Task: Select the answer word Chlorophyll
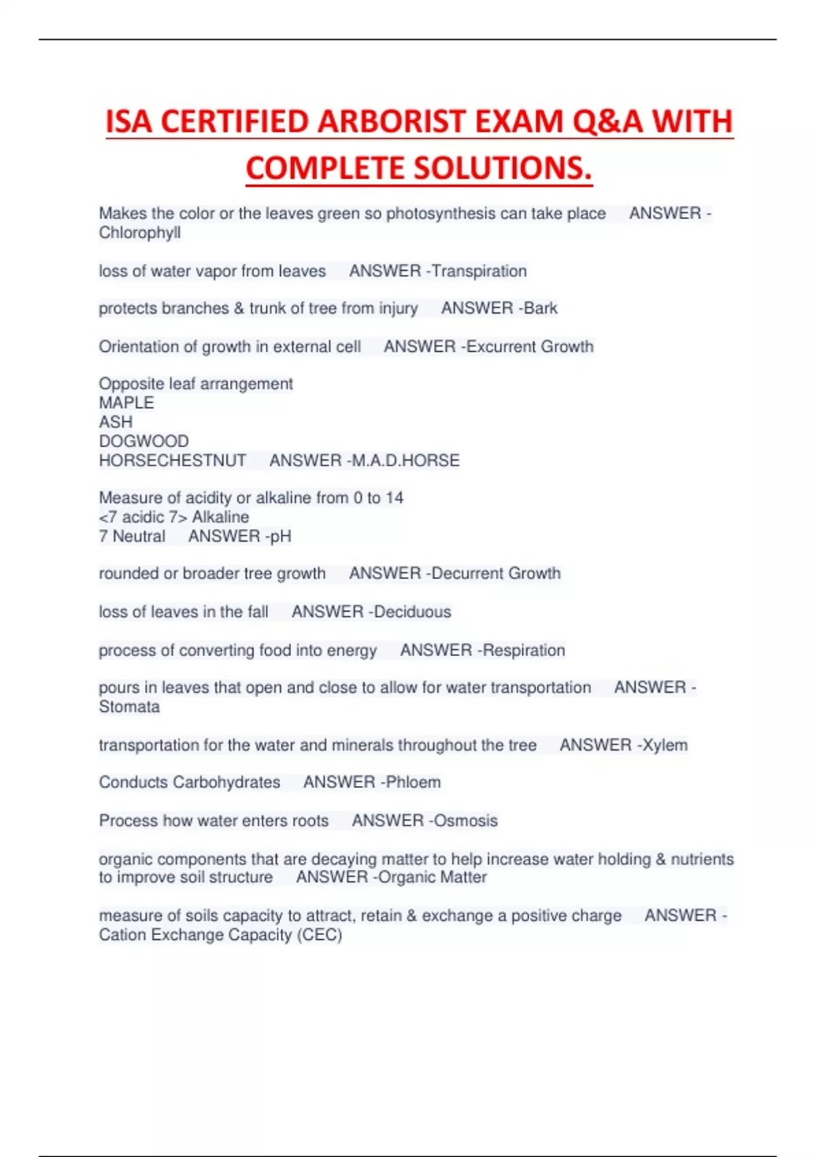point(140,233)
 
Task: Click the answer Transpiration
point(479,271)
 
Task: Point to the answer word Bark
point(541,308)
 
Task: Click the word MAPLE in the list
point(126,403)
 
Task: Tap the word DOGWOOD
point(143,441)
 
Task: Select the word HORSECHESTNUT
point(173,461)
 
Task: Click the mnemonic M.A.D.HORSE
point(405,461)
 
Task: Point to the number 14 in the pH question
point(394,498)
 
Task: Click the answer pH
point(280,536)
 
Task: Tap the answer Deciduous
point(412,612)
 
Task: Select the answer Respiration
point(524,650)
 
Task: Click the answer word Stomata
point(129,707)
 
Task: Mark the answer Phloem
point(413,783)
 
